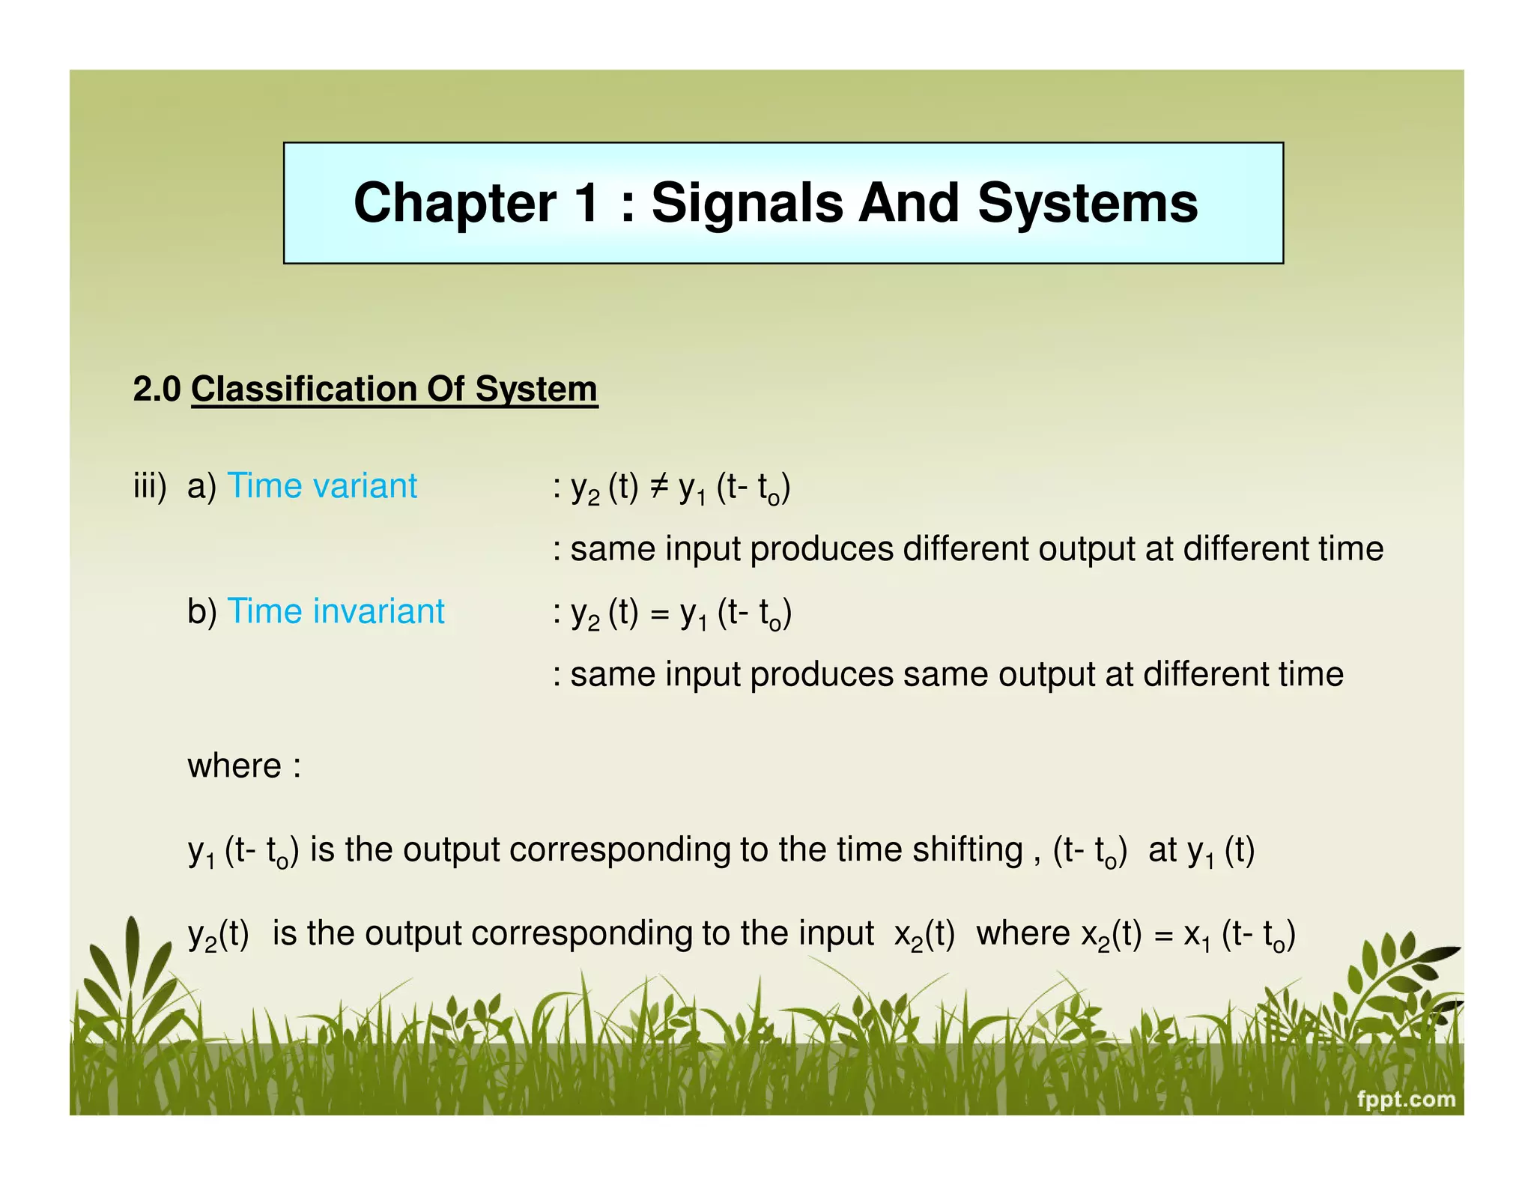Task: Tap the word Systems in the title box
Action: (x=1088, y=203)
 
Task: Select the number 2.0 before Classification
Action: (x=157, y=389)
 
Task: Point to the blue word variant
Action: (x=366, y=485)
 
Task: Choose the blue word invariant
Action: (x=379, y=611)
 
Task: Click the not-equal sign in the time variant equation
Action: (x=658, y=487)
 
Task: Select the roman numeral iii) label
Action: (x=150, y=486)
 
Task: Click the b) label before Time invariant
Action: (x=201, y=611)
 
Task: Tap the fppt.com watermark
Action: (x=1406, y=1099)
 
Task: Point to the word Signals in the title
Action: (x=747, y=203)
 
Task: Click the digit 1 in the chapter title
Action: (x=586, y=203)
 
